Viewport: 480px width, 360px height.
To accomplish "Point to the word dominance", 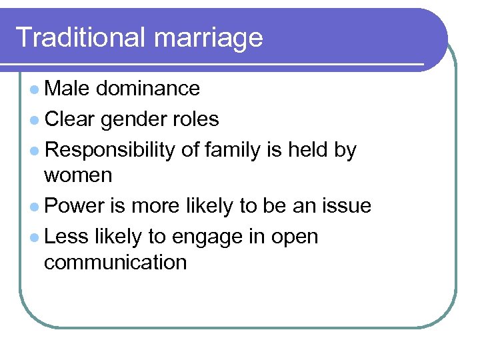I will pyautogui.click(x=148, y=88).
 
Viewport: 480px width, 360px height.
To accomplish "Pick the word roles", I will pyautogui.click(x=196, y=119).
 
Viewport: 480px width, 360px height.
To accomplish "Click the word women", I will pyautogui.click(x=78, y=176).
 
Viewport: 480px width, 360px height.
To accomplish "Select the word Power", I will pyautogui.click(x=75, y=206).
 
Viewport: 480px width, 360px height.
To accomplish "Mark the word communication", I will pyautogui.click(x=115, y=262).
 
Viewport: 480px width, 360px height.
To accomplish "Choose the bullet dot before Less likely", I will pyautogui.click(x=34, y=237).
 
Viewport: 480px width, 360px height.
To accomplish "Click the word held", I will pyautogui.click(x=307, y=150).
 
